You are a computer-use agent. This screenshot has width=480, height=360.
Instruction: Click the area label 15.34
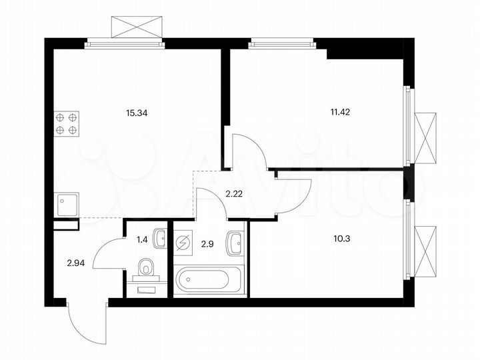tap(137, 113)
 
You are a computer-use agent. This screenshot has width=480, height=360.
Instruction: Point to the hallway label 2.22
tap(233, 194)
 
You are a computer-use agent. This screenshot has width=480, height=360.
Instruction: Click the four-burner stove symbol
tap(67, 123)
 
